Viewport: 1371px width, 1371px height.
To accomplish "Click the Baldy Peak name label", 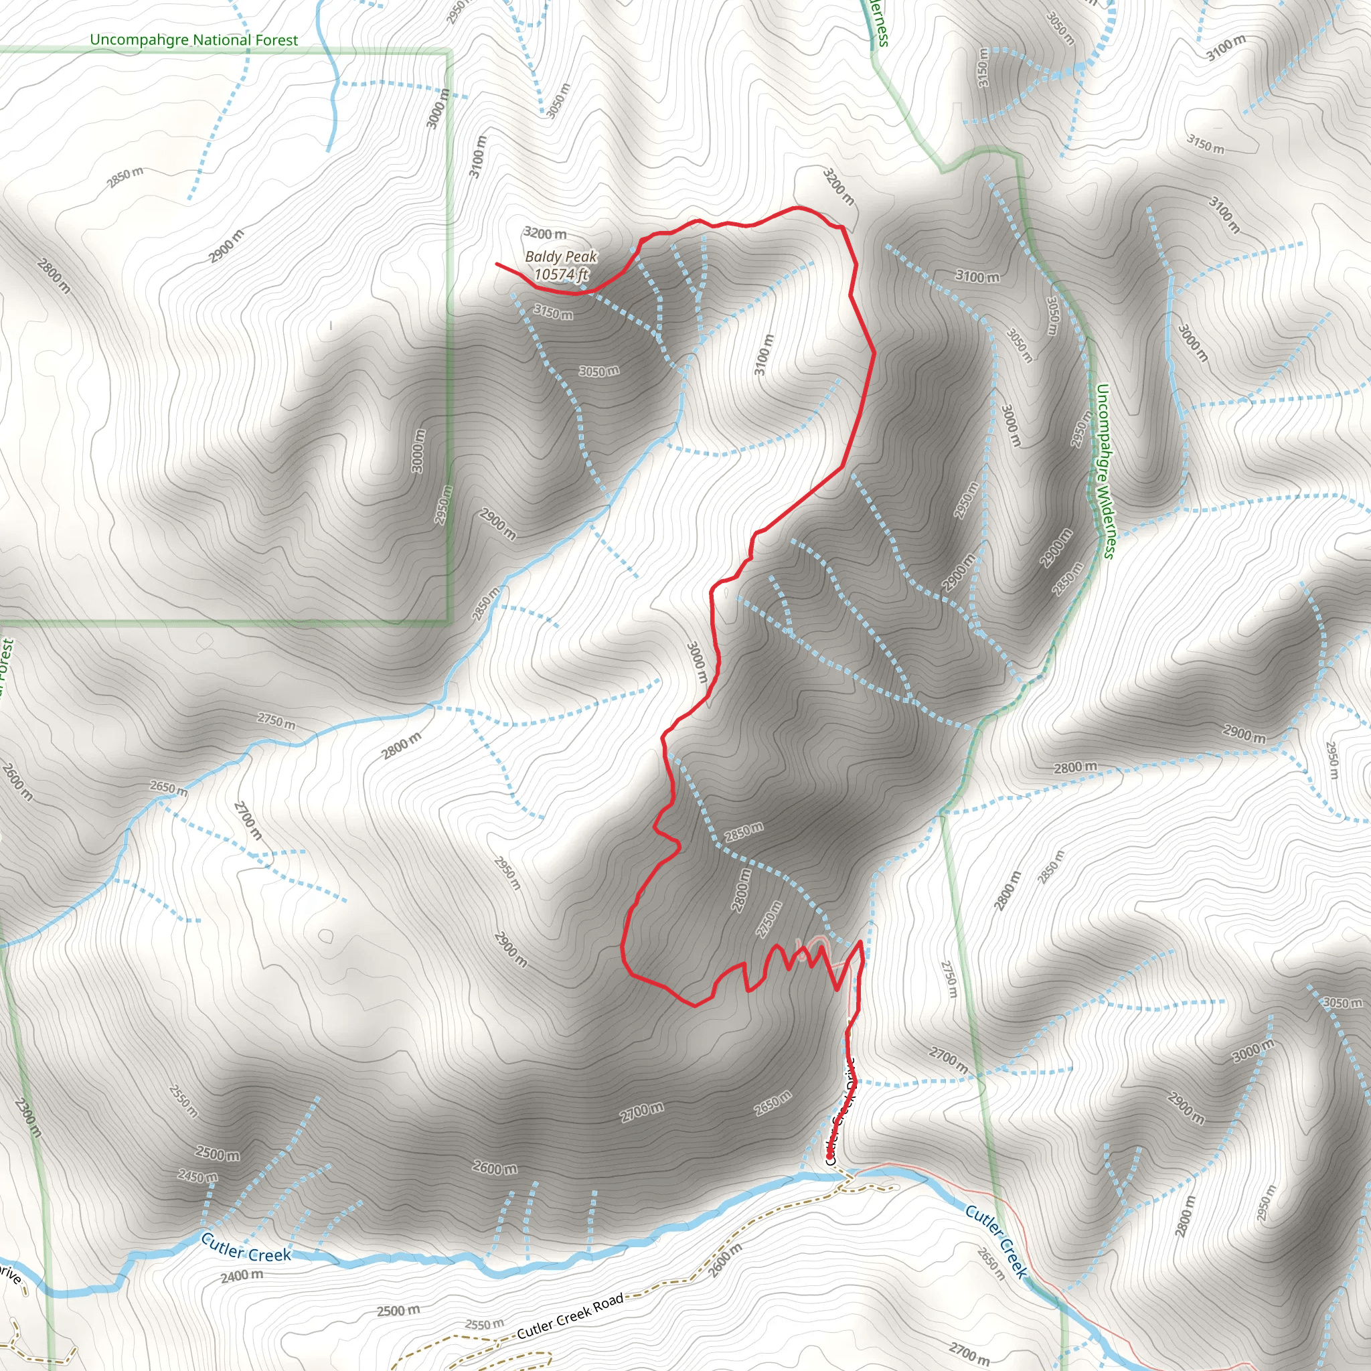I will coord(560,257).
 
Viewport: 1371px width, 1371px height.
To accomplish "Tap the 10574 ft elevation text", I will coord(560,274).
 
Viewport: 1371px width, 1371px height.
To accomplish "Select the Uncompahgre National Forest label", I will coord(193,40).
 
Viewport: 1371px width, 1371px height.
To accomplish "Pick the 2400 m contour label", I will coord(241,1275).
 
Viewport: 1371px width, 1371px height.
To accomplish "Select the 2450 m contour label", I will coord(197,1178).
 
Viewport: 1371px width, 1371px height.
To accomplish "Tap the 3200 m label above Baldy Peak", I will coord(545,234).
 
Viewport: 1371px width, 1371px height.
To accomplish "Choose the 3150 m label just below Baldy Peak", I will coord(553,312).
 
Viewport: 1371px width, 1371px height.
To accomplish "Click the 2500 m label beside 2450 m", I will coord(217,1155).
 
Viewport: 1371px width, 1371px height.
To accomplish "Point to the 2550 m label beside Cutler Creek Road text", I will coord(484,1323).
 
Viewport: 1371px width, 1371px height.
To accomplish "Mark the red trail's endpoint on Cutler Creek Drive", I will coord(829,1157).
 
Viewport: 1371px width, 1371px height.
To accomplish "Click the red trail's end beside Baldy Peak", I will coord(497,263).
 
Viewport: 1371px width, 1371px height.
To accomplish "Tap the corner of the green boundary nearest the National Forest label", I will coord(449,51).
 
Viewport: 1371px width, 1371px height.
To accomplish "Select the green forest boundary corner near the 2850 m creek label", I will coord(450,623).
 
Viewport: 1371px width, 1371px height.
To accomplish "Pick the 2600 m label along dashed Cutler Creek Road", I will coord(725,1260).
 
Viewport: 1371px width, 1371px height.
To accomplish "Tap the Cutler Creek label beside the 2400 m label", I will coord(246,1248).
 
